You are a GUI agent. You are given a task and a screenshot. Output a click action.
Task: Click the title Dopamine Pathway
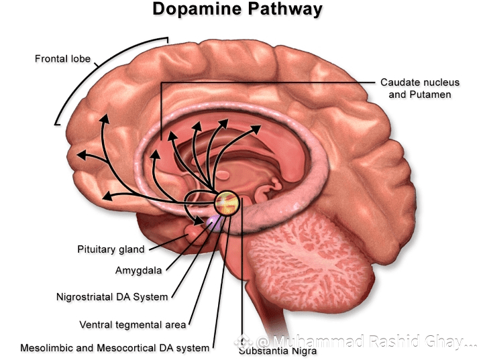(x=237, y=9)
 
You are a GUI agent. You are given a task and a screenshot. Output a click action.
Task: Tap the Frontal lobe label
(x=62, y=59)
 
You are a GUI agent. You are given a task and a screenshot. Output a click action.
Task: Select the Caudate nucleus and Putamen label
(x=420, y=88)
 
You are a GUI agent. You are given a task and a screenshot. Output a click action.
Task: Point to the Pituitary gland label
(x=111, y=249)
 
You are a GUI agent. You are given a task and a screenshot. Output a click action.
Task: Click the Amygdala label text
(x=139, y=270)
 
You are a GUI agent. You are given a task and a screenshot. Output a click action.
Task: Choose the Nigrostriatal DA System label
(x=112, y=297)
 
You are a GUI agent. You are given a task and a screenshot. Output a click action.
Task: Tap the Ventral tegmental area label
(x=132, y=324)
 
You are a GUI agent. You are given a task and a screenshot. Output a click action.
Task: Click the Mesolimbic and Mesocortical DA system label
(x=115, y=348)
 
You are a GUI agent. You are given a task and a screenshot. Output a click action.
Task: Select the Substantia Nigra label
(x=278, y=351)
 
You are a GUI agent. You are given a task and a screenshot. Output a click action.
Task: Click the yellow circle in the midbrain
(x=227, y=203)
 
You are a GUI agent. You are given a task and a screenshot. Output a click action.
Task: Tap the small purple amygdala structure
(x=214, y=223)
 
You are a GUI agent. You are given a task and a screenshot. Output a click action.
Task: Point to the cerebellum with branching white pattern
(x=311, y=261)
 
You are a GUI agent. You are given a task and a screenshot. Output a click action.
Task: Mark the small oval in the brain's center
(x=222, y=176)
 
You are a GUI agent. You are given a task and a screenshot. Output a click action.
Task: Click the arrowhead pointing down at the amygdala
(x=198, y=220)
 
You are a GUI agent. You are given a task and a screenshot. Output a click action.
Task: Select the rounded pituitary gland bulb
(x=195, y=234)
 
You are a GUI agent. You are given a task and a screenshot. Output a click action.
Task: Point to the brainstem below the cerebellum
(x=271, y=311)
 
